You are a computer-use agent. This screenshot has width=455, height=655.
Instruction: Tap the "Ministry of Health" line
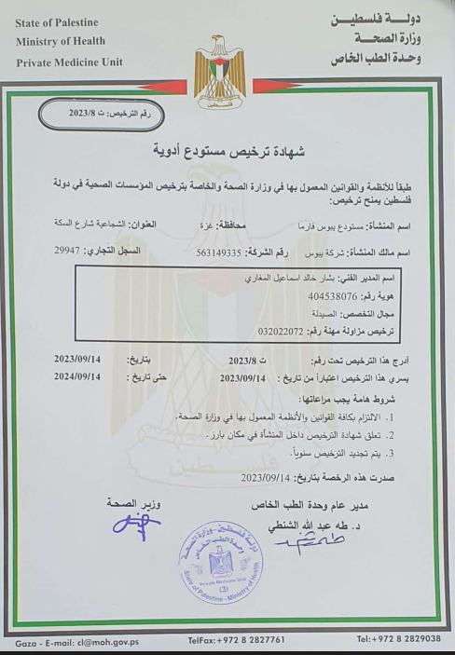click(x=60, y=41)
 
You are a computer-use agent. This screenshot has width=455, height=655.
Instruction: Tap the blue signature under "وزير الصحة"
click(x=136, y=527)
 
